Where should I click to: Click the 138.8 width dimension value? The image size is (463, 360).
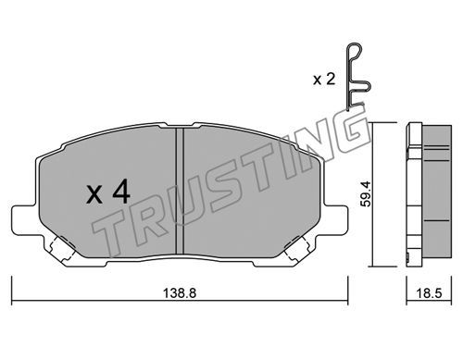(x=180, y=293)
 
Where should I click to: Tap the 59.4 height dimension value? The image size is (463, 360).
(x=367, y=193)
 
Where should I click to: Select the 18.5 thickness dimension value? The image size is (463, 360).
(x=429, y=293)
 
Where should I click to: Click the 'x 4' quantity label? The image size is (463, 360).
(x=108, y=192)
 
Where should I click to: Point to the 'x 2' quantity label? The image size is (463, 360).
(x=324, y=80)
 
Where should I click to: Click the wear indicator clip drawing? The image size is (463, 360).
(x=357, y=77)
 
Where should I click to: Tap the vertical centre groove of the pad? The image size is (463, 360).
(x=180, y=192)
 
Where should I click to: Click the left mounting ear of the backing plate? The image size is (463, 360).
(x=25, y=220)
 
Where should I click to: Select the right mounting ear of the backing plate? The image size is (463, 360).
(x=335, y=220)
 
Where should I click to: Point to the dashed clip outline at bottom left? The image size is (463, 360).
(x=62, y=249)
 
